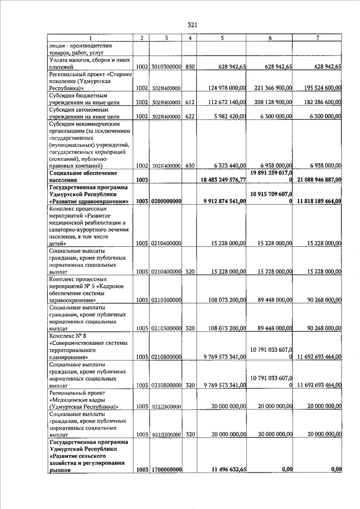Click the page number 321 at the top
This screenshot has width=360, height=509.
point(191,25)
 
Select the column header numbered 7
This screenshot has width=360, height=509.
point(318,38)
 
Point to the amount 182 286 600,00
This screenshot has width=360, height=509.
point(318,102)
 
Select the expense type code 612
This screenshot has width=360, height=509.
point(190,102)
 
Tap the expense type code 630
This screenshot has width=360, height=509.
point(190,166)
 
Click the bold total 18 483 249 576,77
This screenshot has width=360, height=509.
point(223,179)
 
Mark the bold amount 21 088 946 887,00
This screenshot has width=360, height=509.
point(318,179)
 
